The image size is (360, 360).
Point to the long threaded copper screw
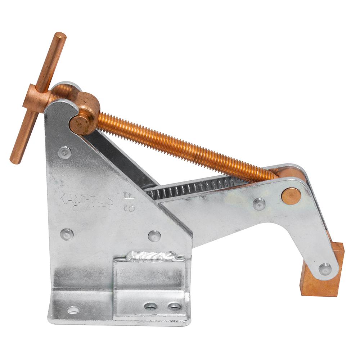pyautogui.click(x=180, y=145)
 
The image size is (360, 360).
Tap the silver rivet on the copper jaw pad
pyautogui.click(x=325, y=269)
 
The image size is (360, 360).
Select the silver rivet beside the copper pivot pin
pyautogui.click(x=259, y=204)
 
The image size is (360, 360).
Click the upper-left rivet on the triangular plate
pyautogui.click(x=64, y=152)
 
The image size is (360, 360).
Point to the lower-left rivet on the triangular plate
pyautogui.click(x=67, y=234)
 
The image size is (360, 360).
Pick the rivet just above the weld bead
pyautogui.click(x=154, y=236)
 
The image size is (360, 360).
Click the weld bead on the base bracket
pyautogui.click(x=151, y=256)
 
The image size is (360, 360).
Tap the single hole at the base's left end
pyautogui.click(x=73, y=310)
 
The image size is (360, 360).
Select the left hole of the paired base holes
pyautogui.click(x=150, y=306)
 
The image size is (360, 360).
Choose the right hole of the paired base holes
pyautogui.click(x=175, y=306)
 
